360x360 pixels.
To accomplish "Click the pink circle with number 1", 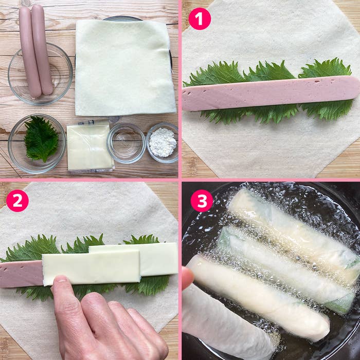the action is point(200,19).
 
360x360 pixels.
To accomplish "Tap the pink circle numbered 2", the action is point(17,201).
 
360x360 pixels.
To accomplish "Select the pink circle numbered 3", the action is point(202,201).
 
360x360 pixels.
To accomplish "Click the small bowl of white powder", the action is point(163,143).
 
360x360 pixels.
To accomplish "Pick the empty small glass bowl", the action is point(126,143).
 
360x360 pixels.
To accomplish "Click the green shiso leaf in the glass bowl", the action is point(41,139).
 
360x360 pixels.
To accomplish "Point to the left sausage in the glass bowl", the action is point(29,52).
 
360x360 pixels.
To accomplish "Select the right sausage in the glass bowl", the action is point(42,49).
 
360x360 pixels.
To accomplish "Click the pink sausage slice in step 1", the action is point(271,93).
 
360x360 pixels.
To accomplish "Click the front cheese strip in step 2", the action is point(91,267).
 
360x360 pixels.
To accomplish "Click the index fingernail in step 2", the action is point(60,280).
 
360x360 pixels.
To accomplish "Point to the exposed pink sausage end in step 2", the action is point(21,274).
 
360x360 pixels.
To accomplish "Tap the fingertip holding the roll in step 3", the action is point(188,277).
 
